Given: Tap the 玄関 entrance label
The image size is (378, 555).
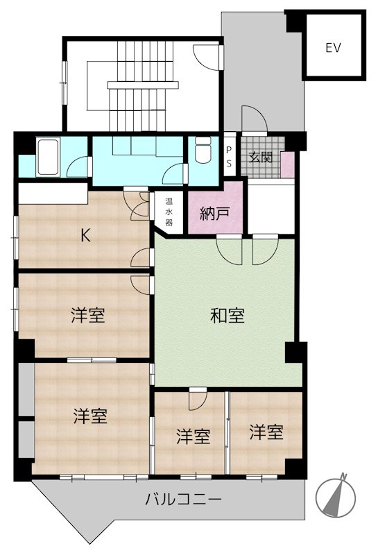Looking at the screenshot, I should [261, 157].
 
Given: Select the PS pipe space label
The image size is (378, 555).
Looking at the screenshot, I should [230, 157].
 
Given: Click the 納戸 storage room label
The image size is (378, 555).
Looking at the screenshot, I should [214, 213].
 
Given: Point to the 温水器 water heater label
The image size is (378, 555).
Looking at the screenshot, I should [169, 213].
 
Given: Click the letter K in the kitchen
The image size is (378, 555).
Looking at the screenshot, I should [85, 235].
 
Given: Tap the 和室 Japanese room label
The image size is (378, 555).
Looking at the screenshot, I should [227, 316].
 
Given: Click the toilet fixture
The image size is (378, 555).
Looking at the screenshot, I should [203, 152].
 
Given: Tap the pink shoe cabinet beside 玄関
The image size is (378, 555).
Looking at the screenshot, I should [287, 164].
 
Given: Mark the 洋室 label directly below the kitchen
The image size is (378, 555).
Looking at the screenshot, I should [88, 316].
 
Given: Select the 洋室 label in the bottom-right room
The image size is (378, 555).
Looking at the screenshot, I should [267, 432].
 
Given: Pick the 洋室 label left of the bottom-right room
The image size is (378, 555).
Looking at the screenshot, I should [193, 436].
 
